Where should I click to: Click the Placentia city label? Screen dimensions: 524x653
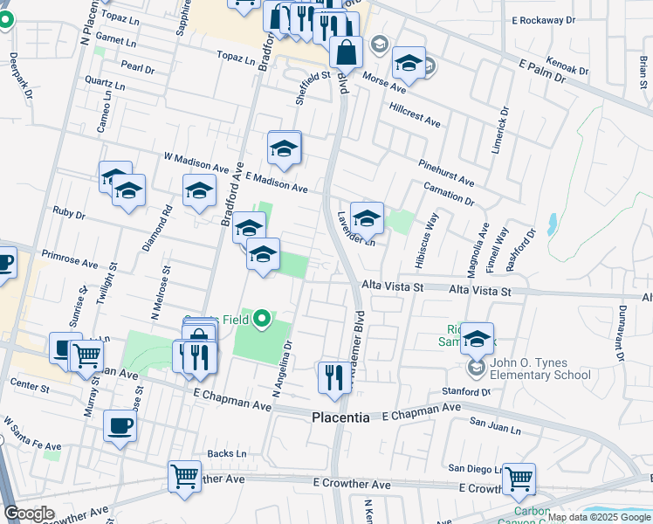click(340, 418)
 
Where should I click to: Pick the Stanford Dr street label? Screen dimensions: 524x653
click(466, 392)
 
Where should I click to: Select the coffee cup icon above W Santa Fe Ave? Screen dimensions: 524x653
click(120, 425)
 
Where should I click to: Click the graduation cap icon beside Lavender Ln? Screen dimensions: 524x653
click(367, 217)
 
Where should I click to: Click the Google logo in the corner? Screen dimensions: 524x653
click(30, 514)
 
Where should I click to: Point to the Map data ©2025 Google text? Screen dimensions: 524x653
click(599, 517)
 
